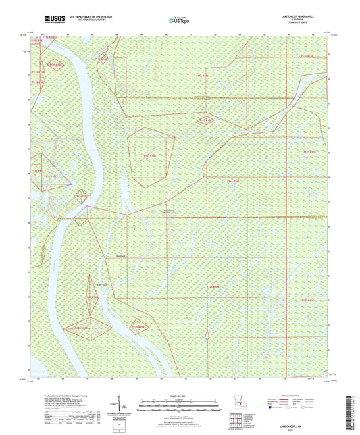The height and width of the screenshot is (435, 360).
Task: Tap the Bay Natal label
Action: (122, 255)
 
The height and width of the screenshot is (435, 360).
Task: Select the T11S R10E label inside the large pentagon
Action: (149, 156)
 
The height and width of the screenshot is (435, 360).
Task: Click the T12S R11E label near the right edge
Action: (307, 298)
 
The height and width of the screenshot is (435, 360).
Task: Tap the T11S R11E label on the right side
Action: (309, 152)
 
